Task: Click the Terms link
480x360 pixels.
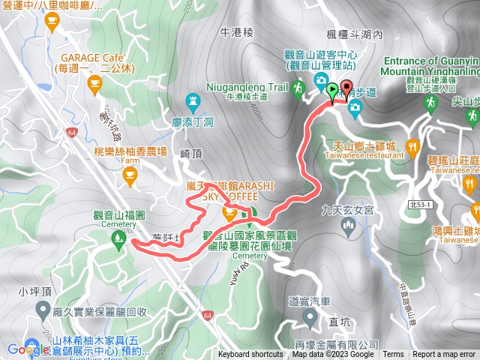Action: click(392, 355)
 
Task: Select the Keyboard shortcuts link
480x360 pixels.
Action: click(250, 355)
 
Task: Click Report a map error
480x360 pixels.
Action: click(444, 355)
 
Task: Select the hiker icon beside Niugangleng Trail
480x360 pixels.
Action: click(298, 88)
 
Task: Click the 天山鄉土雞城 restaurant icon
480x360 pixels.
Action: click(412, 146)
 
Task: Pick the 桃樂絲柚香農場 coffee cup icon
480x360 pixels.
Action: click(130, 176)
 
